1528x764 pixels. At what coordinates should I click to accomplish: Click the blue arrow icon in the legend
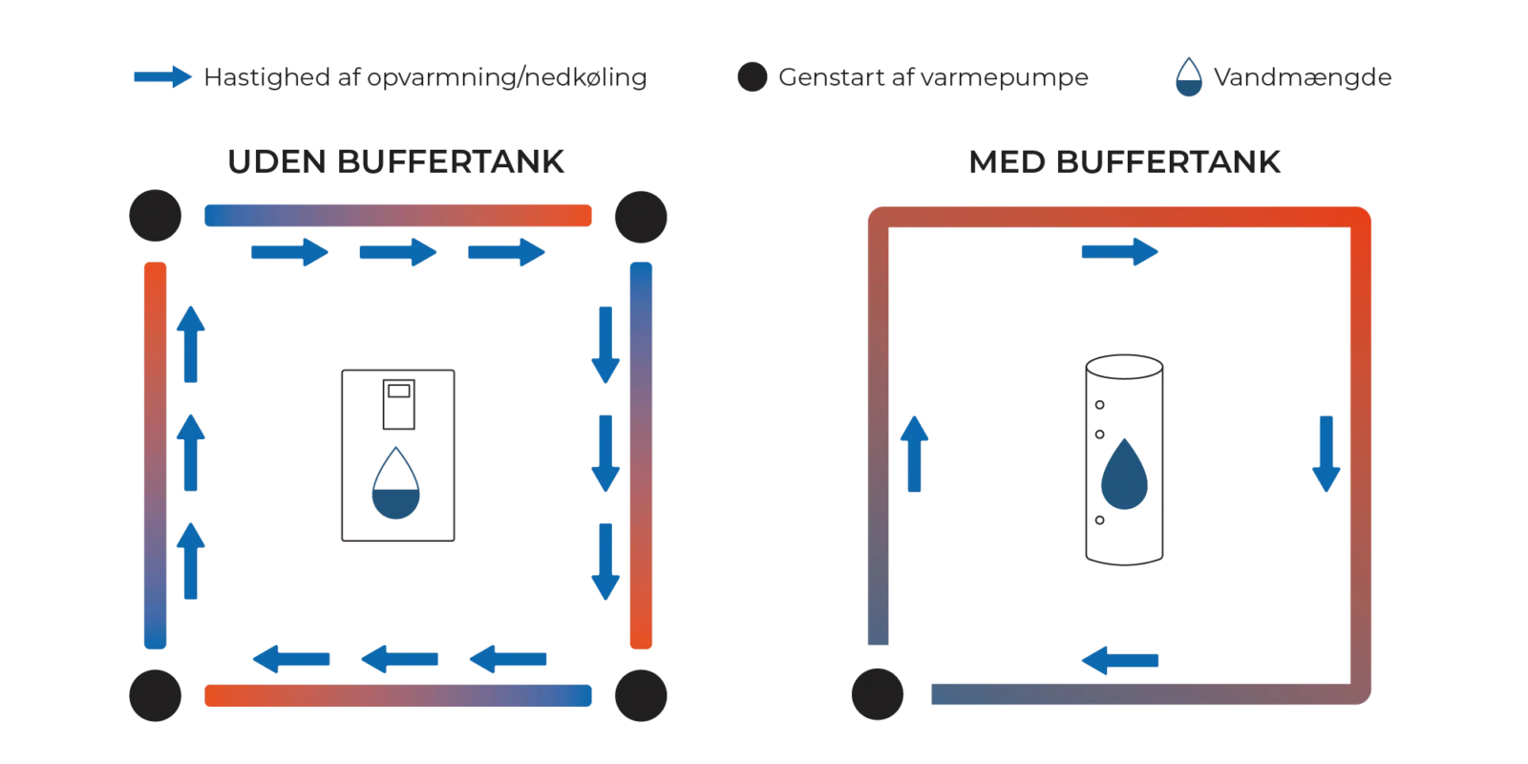pos(163,78)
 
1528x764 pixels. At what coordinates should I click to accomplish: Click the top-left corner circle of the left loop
pos(153,216)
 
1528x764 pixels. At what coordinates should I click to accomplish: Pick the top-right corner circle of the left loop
pos(641,216)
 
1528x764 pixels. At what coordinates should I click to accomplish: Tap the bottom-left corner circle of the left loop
pos(153,694)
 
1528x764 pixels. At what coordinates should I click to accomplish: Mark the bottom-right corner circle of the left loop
pos(641,694)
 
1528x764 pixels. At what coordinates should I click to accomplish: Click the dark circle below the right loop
pos(879,694)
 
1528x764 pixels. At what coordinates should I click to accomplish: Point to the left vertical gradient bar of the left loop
pos(155,456)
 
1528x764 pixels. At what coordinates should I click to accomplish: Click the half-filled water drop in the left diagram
pos(397,486)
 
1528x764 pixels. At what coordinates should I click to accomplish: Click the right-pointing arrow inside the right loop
pos(1119,253)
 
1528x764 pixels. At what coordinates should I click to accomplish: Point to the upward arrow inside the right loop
pos(915,454)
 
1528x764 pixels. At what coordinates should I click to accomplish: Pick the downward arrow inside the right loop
pos(1326,454)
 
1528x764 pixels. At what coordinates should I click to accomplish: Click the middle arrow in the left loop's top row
pos(399,253)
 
